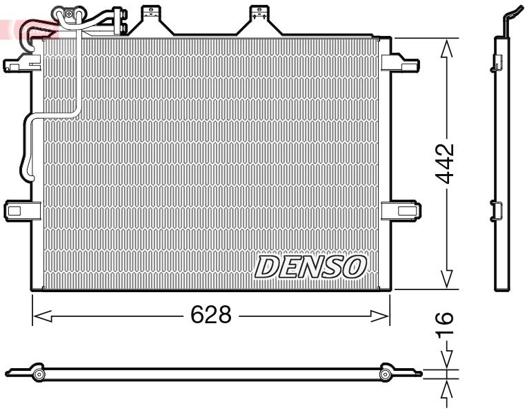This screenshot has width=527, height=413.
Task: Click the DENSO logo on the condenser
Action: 311,267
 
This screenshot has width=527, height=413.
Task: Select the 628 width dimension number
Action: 210,316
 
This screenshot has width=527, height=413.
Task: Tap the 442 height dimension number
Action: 446,164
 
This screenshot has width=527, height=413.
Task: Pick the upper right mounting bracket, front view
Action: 400,62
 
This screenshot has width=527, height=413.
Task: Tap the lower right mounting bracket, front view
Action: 400,209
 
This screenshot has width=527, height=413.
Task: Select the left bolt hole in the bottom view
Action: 39,374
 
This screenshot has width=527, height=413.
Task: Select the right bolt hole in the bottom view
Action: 386,374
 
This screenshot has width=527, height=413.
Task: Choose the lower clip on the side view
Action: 496,209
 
